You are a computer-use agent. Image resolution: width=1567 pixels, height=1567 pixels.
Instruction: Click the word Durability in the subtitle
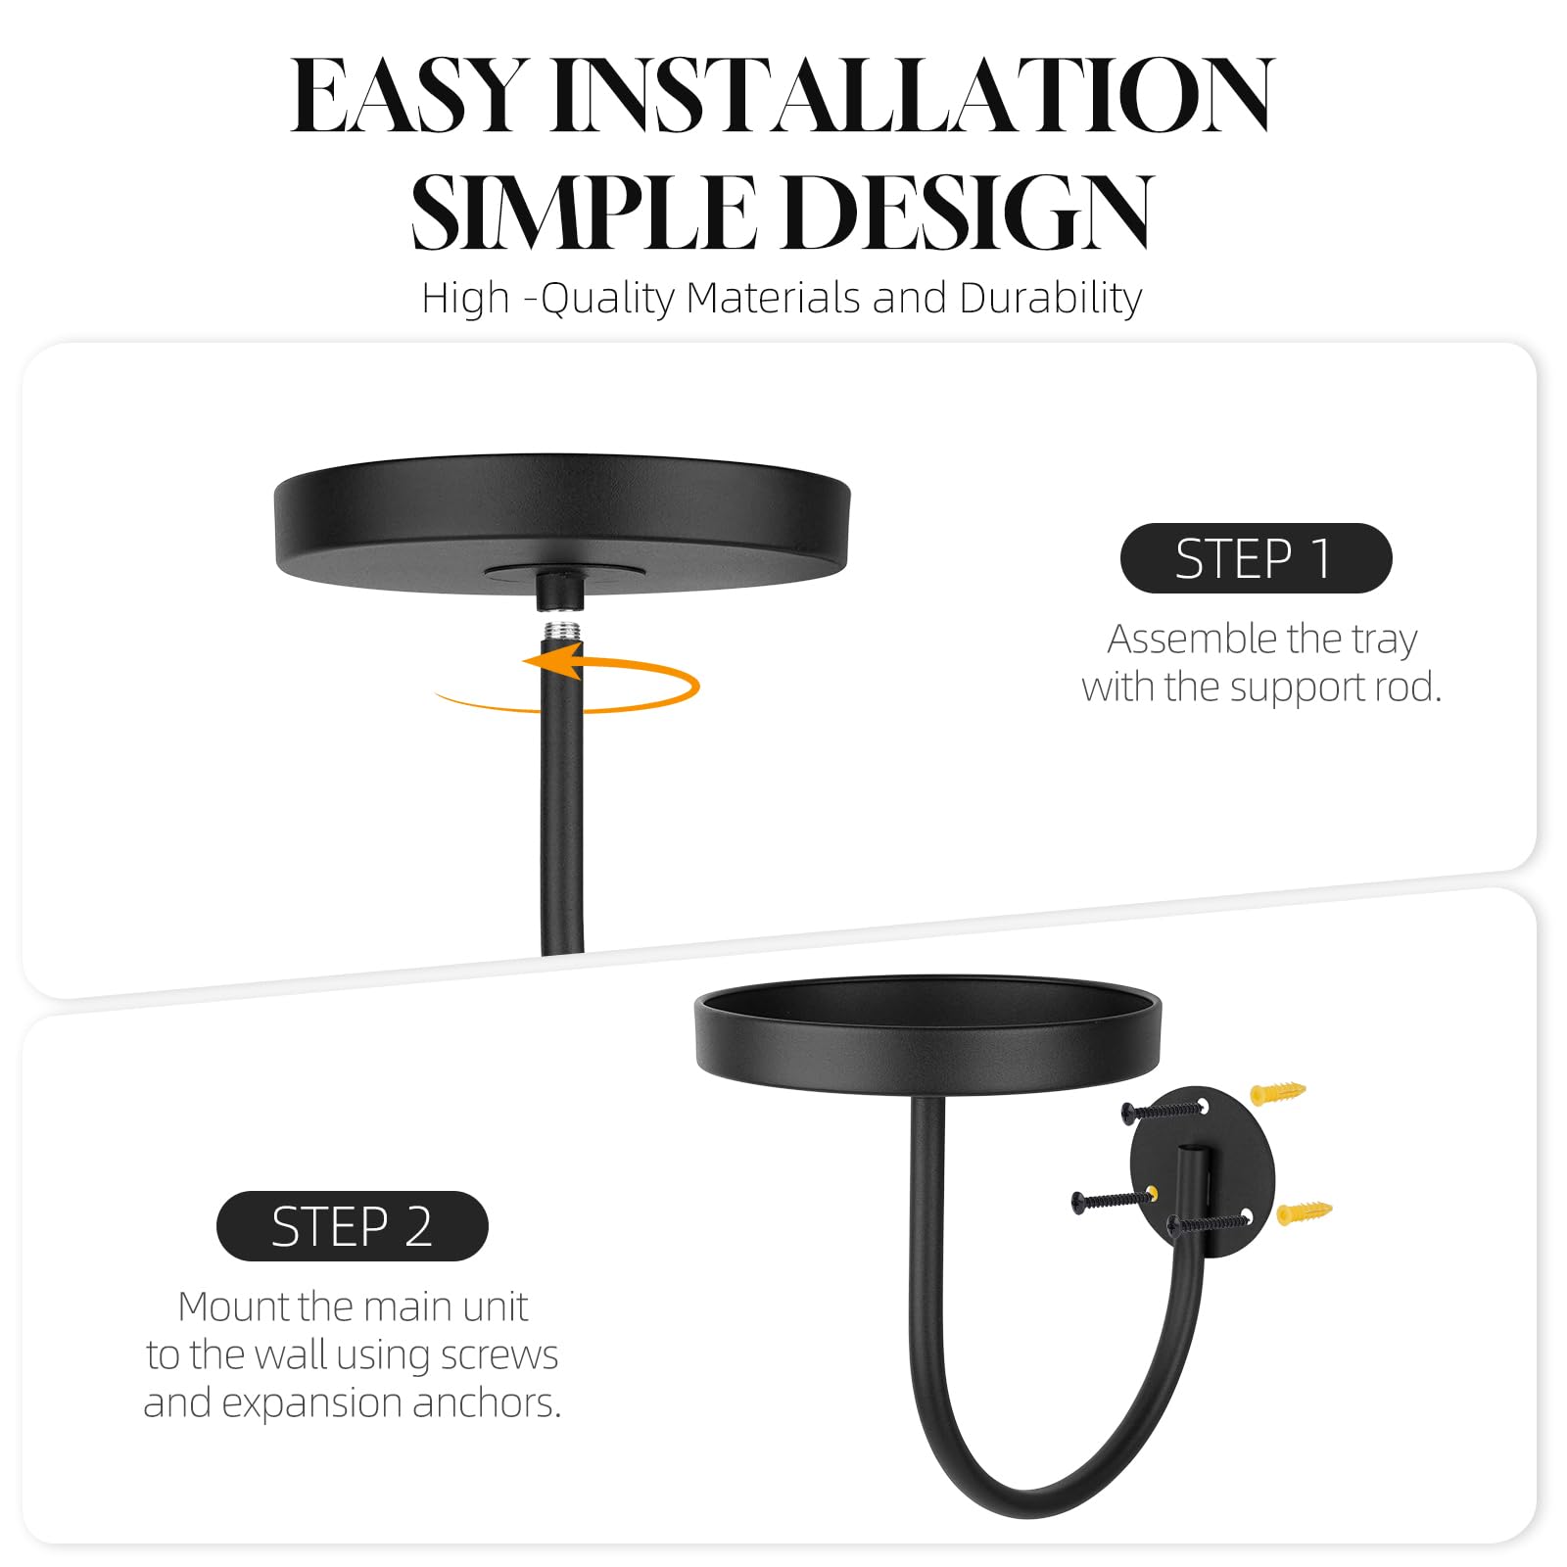[1051, 299]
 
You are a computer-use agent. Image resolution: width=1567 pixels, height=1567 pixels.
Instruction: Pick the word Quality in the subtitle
[607, 299]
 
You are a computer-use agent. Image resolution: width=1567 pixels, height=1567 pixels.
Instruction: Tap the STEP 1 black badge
[1256, 558]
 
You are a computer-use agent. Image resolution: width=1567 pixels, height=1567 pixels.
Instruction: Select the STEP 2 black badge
[353, 1226]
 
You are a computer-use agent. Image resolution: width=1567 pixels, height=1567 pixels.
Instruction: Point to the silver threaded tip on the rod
[561, 626]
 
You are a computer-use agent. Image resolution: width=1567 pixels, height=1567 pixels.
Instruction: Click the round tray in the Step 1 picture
[562, 523]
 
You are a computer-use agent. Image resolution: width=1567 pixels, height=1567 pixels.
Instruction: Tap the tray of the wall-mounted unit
[927, 1034]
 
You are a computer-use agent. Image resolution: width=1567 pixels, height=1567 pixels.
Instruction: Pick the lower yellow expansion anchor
[1305, 1212]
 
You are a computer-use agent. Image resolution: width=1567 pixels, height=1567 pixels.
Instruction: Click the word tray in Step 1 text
[1385, 641]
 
